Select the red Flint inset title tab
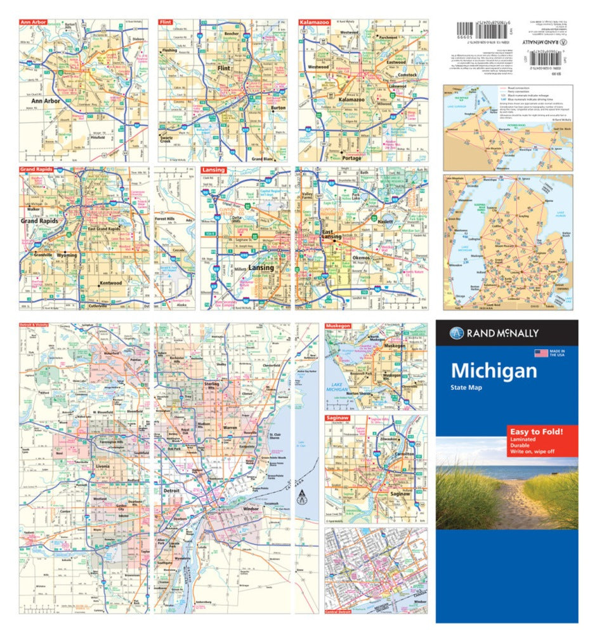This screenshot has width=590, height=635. (167, 22)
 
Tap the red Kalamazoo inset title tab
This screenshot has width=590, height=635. (315, 22)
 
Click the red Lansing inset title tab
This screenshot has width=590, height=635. (213, 170)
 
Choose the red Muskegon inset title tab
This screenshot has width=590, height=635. (339, 326)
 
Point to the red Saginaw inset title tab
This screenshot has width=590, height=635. (338, 419)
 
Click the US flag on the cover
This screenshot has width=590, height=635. (541, 353)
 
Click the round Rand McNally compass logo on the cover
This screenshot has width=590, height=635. (456, 333)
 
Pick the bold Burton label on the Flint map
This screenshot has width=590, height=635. (278, 108)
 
